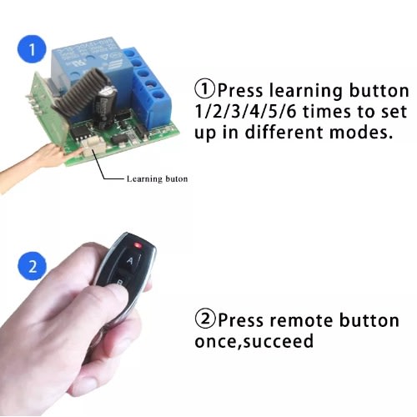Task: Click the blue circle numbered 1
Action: [x=33, y=49]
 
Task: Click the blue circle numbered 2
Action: [x=33, y=266]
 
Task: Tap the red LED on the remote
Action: [x=138, y=245]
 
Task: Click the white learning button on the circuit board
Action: [x=94, y=145]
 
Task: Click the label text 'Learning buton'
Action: [x=157, y=178]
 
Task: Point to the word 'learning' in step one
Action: [x=306, y=92]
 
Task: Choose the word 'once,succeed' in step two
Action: [x=254, y=341]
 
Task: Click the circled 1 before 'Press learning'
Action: [x=205, y=89]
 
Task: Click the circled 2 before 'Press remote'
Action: [x=205, y=319]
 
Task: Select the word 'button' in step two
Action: [x=369, y=319]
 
